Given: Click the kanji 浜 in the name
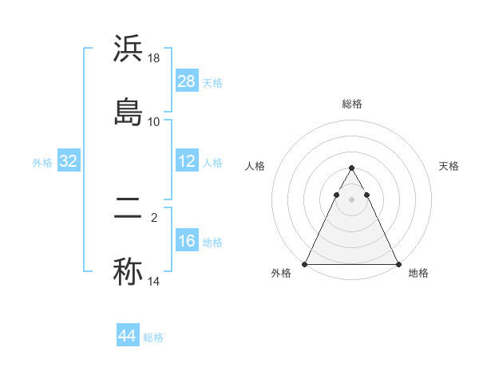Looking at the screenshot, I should pyautogui.click(x=128, y=49).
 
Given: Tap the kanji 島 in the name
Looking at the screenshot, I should pyautogui.click(x=128, y=112).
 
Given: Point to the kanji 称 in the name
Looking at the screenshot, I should pyautogui.click(x=128, y=271).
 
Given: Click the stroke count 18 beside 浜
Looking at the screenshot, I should pyautogui.click(x=154, y=59).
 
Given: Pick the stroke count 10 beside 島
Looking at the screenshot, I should pyautogui.click(x=154, y=121).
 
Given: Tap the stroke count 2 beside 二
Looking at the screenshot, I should pyautogui.click(x=154, y=215).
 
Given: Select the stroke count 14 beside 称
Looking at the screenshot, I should pyautogui.click(x=154, y=281).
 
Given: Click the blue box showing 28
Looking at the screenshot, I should pyautogui.click(x=187, y=81).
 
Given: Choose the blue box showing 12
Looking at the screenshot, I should pyautogui.click(x=187, y=161).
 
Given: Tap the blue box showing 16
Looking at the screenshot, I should pyautogui.click(x=187, y=241).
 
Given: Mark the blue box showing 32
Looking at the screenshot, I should pyautogui.click(x=69, y=161).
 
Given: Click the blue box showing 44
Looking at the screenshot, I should pyautogui.click(x=127, y=336).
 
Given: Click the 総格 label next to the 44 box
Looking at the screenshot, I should pyautogui.click(x=153, y=337).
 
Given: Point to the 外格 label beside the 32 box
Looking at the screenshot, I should pyautogui.click(x=42, y=163).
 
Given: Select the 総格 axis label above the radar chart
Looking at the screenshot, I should pyautogui.click(x=351, y=105).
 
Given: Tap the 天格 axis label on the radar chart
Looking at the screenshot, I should pyautogui.click(x=449, y=166).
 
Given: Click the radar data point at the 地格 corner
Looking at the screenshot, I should pyautogui.click(x=398, y=263).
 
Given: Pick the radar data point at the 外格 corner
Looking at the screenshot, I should pyautogui.click(x=305, y=263).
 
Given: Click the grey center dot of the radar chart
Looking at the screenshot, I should pyautogui.click(x=351, y=199).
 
